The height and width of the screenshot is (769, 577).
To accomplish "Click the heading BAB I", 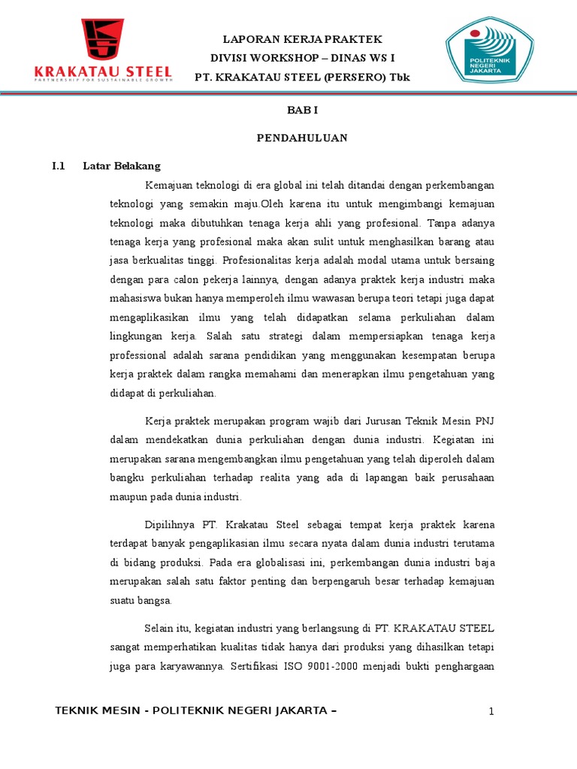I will [x=303, y=110].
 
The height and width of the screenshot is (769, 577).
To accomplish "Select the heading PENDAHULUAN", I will [x=303, y=138].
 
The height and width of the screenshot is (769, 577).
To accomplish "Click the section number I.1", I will [x=59, y=166].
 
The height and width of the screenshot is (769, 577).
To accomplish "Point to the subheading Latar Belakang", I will [x=121, y=166].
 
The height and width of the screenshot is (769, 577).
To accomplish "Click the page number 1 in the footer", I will [x=491, y=711].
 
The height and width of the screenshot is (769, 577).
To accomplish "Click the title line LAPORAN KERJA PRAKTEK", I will [x=303, y=39].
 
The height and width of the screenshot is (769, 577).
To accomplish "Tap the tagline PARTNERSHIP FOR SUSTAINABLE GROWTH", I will [x=104, y=78].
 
